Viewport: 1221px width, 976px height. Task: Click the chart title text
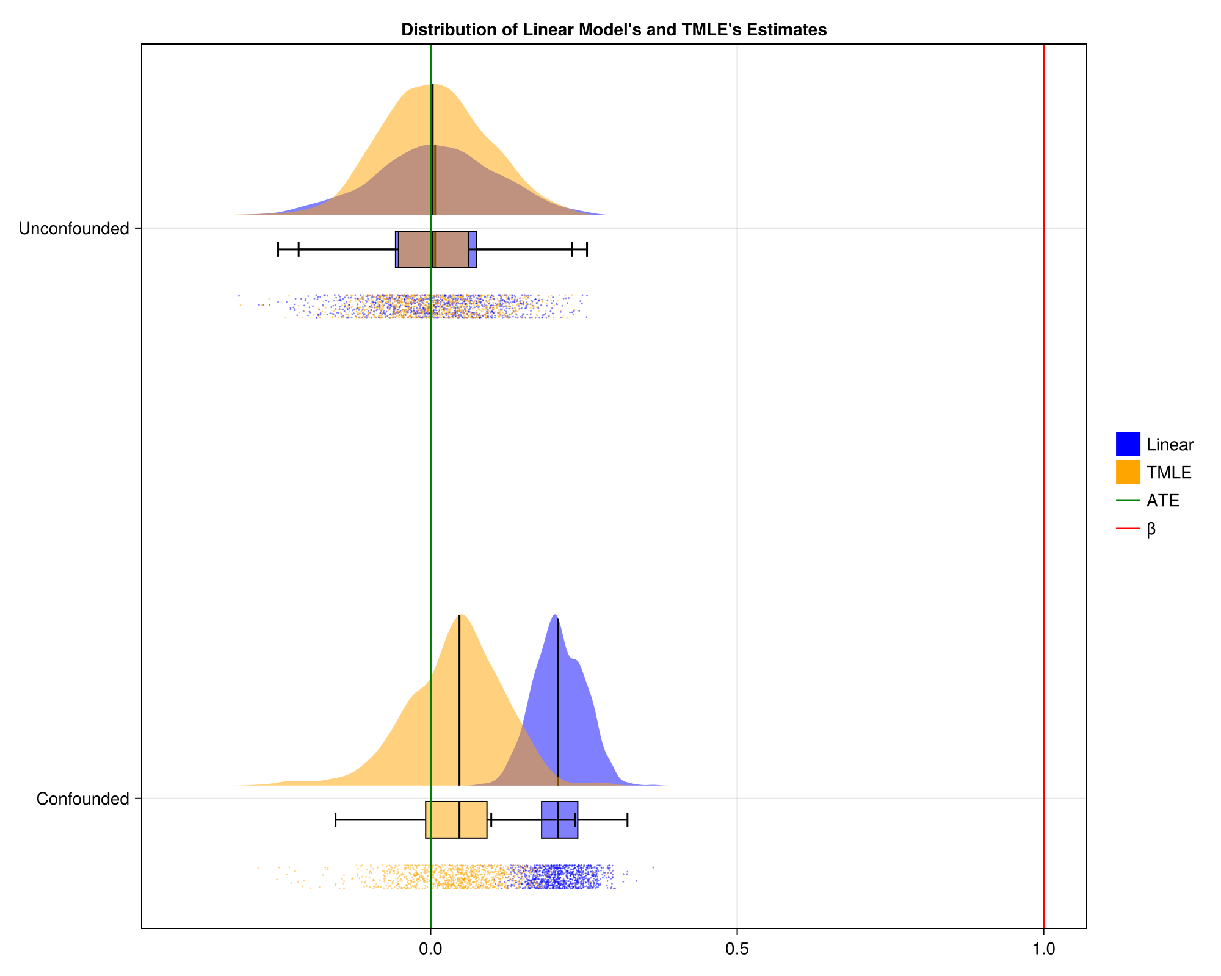click(x=614, y=29)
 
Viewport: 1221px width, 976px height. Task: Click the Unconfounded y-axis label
click(x=74, y=229)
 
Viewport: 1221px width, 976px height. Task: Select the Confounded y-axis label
click(x=82, y=799)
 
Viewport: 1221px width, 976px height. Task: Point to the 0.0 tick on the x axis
click(x=430, y=949)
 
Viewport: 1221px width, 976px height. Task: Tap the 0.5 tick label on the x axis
click(x=737, y=949)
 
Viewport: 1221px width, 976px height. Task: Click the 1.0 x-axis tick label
click(x=1043, y=949)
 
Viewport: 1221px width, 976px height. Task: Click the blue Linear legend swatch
click(x=1128, y=444)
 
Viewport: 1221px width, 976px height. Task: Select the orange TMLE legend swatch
click(x=1128, y=472)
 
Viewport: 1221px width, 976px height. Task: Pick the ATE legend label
click(x=1162, y=501)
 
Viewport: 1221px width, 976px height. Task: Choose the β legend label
click(x=1151, y=529)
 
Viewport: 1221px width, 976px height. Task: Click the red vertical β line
click(x=1043, y=427)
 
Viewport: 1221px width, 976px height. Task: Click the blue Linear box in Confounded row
click(x=560, y=820)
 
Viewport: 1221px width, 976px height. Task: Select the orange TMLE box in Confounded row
click(x=456, y=820)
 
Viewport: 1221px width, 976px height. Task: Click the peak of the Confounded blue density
click(x=554, y=615)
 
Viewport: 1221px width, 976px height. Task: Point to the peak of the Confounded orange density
click(x=459, y=616)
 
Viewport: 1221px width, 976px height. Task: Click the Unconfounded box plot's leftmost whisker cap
click(x=278, y=249)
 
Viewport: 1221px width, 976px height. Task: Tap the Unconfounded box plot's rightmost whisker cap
click(x=587, y=249)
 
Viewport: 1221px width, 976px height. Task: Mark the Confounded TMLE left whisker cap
click(x=336, y=820)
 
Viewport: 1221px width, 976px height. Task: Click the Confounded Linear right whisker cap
click(x=627, y=820)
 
